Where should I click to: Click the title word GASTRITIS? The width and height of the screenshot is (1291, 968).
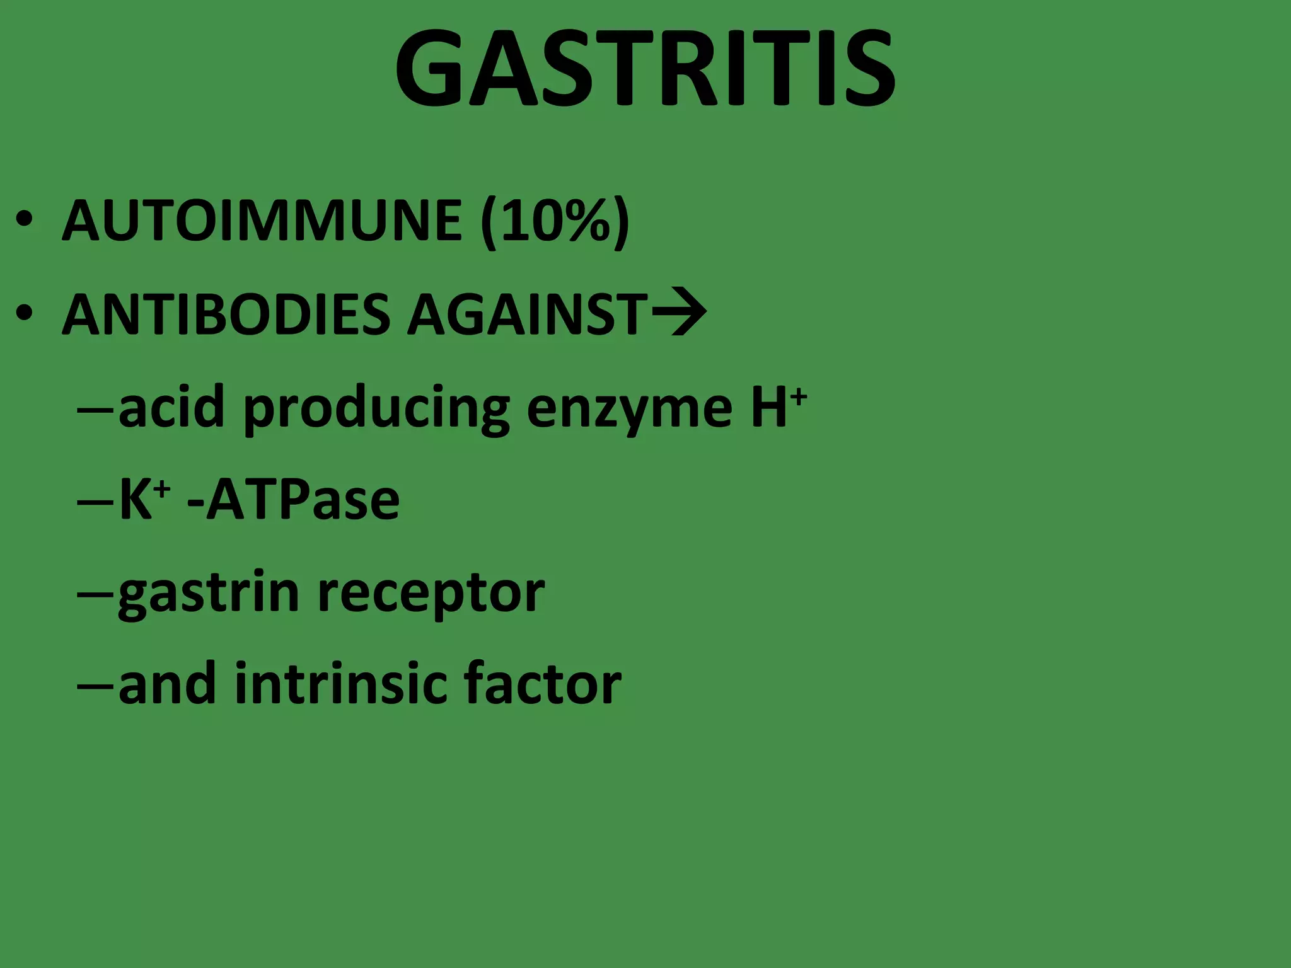click(645, 67)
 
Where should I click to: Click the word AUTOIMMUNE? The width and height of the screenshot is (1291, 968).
click(262, 221)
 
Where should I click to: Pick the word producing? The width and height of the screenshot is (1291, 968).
click(376, 410)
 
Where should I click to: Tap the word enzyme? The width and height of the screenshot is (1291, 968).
click(630, 410)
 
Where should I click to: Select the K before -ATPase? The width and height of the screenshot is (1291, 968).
click(136, 500)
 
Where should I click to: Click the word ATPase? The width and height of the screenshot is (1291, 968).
click(303, 500)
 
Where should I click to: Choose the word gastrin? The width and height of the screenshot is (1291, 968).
click(209, 594)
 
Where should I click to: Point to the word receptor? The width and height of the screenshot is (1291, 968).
click(431, 594)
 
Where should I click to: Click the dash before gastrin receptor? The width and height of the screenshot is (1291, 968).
click(95, 594)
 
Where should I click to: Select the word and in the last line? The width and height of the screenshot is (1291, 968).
click(167, 684)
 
